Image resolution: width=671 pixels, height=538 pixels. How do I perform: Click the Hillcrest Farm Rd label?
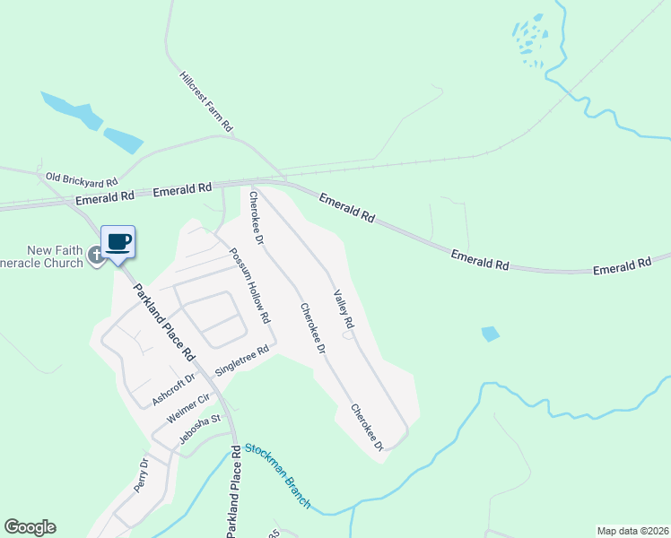(205, 102)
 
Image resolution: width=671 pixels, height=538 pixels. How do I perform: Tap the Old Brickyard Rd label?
(82, 179)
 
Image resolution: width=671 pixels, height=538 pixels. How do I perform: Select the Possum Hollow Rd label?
(248, 285)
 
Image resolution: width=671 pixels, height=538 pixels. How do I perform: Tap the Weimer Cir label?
(188, 408)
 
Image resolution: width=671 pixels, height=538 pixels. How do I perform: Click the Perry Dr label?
(142, 475)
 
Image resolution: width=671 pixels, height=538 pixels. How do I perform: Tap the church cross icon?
(95, 256)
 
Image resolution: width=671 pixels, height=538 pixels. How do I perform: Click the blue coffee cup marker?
(118, 241)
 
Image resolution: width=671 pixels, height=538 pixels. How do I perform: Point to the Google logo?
(30, 527)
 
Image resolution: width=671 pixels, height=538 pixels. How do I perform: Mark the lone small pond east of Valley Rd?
(490, 334)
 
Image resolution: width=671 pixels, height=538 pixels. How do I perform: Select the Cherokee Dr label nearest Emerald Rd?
(256, 218)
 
